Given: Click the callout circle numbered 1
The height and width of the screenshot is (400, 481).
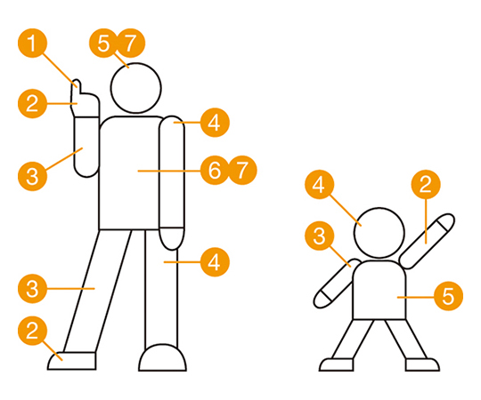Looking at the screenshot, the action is [x=33, y=44].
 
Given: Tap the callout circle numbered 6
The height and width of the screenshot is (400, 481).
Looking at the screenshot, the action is [x=215, y=170].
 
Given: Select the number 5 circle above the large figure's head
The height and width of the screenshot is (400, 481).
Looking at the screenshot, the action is [x=103, y=44].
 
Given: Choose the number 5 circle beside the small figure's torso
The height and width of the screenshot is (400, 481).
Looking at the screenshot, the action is [x=448, y=296].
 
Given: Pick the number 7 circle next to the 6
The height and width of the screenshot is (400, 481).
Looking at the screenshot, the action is [x=242, y=170].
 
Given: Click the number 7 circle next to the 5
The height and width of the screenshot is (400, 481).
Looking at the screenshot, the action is [x=131, y=44].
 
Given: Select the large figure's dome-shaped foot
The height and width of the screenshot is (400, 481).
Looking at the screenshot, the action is [x=163, y=358].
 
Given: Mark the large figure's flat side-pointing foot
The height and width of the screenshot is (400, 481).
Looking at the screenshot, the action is [x=72, y=361].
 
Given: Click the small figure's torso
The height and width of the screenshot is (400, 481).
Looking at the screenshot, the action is [x=379, y=290].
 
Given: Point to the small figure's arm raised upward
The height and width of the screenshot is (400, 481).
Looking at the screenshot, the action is [x=428, y=241].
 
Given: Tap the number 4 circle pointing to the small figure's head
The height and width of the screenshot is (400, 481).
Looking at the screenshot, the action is [x=320, y=185].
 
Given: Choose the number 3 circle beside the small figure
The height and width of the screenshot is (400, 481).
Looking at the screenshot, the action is [x=320, y=236].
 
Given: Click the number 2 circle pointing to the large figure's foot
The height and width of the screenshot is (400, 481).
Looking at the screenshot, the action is [x=33, y=331].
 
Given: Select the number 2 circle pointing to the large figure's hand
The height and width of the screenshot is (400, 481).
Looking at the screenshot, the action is [x=33, y=103].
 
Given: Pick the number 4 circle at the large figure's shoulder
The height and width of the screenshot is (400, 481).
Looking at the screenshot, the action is [x=215, y=123].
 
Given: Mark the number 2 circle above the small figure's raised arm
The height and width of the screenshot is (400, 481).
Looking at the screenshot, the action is [x=426, y=185].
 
